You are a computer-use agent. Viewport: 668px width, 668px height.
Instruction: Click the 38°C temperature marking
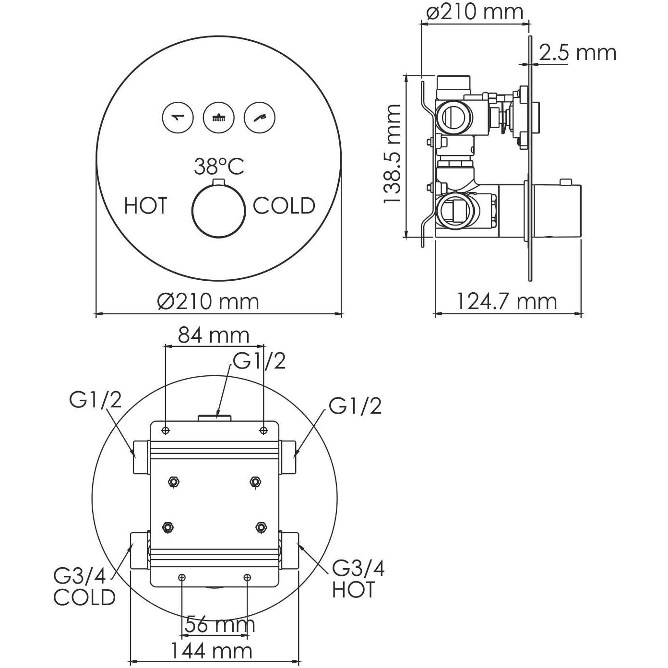(x=219, y=167)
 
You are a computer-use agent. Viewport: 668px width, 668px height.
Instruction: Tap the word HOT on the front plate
(x=145, y=206)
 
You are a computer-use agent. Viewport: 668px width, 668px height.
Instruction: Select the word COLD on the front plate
(x=284, y=206)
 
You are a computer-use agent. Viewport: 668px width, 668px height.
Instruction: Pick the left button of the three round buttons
(x=178, y=117)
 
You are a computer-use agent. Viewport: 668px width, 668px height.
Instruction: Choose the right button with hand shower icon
(x=260, y=117)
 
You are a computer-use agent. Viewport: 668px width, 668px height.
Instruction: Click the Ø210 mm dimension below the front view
(x=208, y=301)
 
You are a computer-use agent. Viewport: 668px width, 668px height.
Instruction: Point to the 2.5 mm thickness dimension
(x=577, y=52)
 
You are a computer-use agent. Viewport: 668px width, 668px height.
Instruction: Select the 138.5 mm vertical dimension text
(x=393, y=155)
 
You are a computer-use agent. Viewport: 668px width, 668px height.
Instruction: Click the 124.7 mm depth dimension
(x=506, y=301)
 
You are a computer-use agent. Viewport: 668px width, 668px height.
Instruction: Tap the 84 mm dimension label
(x=214, y=335)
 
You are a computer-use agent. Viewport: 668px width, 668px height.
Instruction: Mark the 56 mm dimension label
(x=220, y=625)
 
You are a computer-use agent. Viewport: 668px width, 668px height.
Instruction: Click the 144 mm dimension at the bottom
(x=212, y=651)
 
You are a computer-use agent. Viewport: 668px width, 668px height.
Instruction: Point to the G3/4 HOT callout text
(x=358, y=579)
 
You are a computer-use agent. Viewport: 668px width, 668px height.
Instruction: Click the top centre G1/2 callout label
(x=259, y=361)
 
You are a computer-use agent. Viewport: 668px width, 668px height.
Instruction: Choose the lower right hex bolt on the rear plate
(x=261, y=527)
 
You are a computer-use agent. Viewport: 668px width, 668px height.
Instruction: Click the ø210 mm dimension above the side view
(x=475, y=12)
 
